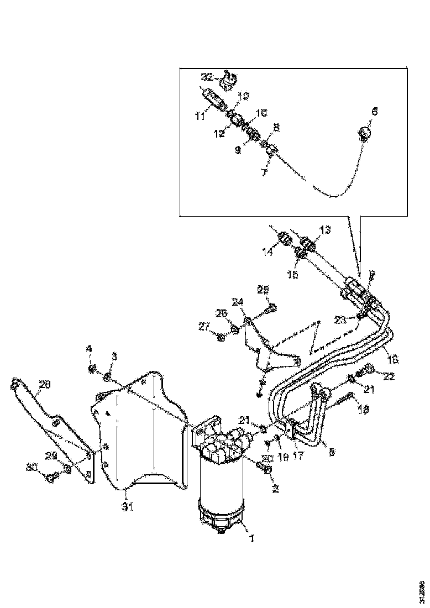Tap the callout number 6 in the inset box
tap(374, 111)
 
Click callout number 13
tap(324, 229)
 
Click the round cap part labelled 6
tap(364, 133)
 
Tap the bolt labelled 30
tap(53, 478)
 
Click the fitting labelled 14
tap(286, 240)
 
